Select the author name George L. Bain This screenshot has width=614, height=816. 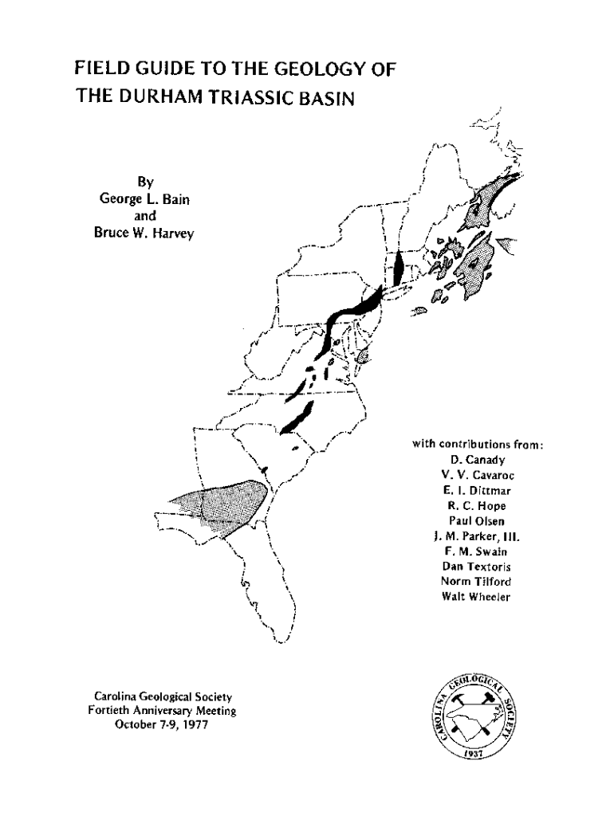point(134,198)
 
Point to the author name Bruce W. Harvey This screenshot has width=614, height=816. point(134,232)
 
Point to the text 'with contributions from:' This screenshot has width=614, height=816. point(478,444)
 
